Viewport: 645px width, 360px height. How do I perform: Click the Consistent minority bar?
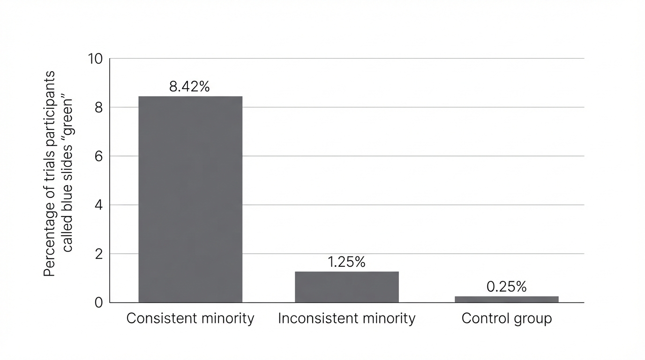click(190, 199)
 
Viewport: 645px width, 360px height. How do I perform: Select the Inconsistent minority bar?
click(347, 287)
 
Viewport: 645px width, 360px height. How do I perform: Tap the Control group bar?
click(507, 300)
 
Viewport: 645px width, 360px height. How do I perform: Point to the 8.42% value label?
click(189, 86)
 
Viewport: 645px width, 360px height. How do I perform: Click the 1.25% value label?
click(346, 262)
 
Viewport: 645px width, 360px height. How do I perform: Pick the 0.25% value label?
click(507, 286)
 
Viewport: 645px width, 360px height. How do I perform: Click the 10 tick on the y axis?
click(95, 59)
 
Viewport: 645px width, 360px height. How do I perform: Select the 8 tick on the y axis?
click(99, 108)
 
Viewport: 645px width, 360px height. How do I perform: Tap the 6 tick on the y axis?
click(99, 157)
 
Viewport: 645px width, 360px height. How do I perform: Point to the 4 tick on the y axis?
click(99, 205)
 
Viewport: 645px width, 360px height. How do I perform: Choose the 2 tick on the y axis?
click(99, 255)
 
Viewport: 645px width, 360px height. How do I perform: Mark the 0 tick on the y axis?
click(99, 303)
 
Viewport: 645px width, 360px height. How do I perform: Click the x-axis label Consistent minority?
click(190, 319)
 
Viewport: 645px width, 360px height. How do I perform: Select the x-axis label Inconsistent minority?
click(347, 319)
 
